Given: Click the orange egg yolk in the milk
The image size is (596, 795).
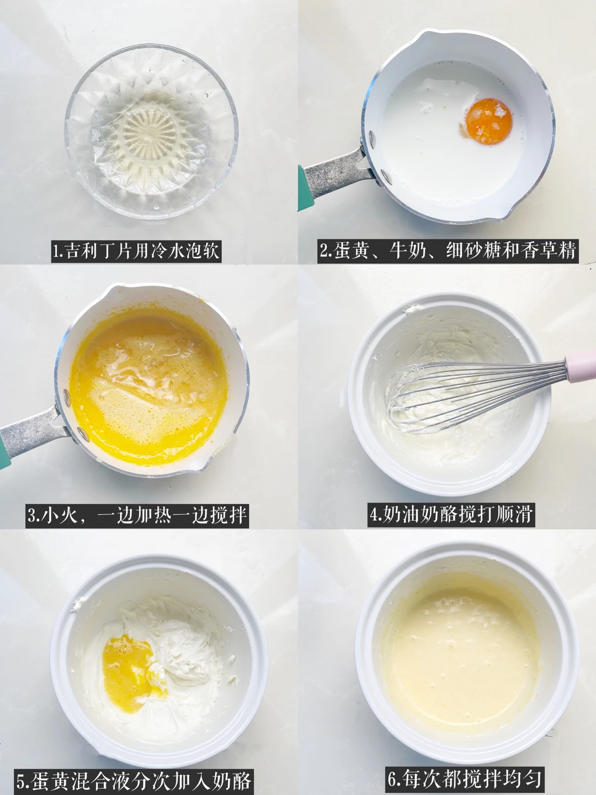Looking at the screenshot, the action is tap(489, 121).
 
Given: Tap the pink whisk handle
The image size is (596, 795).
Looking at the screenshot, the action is tap(581, 366).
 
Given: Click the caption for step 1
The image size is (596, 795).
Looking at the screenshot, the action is tap(136, 251).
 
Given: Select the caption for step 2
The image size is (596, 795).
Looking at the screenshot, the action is tap(448, 251).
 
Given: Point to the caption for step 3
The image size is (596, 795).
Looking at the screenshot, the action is tap(137, 515).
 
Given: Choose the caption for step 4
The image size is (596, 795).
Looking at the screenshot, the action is tap(451, 515).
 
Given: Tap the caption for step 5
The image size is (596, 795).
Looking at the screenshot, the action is tap(134, 780).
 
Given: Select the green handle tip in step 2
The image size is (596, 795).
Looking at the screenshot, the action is tap(301, 188).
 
